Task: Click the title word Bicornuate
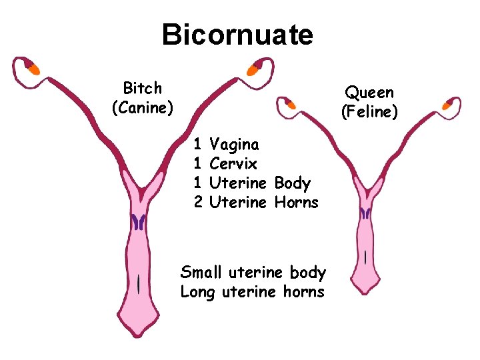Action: [237, 34]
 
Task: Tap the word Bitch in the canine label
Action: [143, 88]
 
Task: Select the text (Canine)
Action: [143, 107]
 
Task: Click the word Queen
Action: [369, 93]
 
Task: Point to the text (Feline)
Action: [369, 111]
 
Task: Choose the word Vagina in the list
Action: [235, 144]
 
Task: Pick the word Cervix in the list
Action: [233, 163]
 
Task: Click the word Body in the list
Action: [292, 183]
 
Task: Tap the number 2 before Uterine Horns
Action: [197, 202]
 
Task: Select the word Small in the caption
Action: [202, 272]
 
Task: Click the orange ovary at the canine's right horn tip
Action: [253, 69]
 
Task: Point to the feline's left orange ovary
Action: [290, 103]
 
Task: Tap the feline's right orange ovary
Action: [448, 104]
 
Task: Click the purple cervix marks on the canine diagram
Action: [139, 221]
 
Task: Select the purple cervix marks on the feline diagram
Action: [365, 213]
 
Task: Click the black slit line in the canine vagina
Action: [138, 284]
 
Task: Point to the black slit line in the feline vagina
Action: [365, 257]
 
